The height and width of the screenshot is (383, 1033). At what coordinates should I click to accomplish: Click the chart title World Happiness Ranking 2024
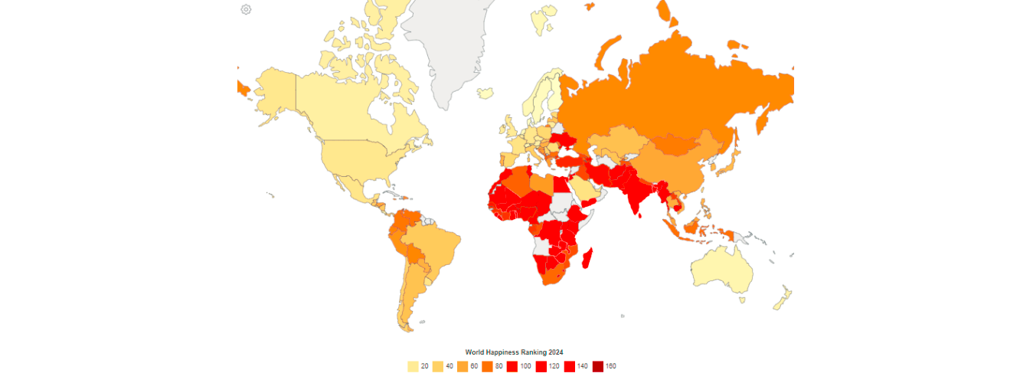coord(514,352)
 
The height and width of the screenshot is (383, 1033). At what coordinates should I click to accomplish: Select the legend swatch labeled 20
coord(413,366)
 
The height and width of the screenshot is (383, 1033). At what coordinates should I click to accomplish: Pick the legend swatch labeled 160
coord(597,366)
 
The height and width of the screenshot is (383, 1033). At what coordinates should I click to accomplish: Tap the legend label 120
coord(554,366)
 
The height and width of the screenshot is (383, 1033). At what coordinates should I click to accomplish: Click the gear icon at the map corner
coord(246,9)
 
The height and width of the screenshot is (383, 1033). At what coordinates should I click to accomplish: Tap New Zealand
coord(783,298)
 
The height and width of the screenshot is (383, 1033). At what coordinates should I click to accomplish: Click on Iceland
coord(485,93)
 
